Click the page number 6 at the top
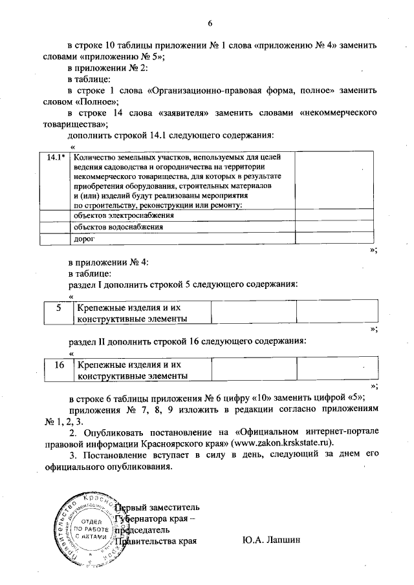coord(210,24)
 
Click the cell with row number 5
coord(58,308)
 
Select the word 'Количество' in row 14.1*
coord(94,157)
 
